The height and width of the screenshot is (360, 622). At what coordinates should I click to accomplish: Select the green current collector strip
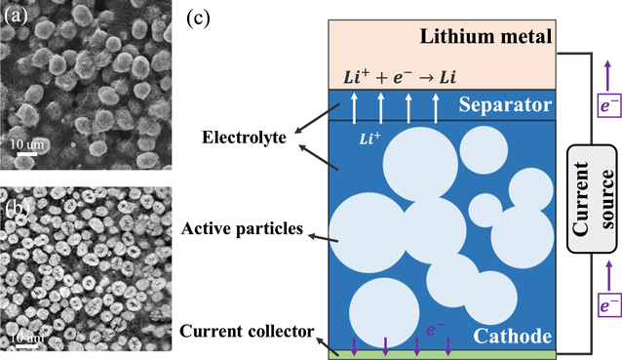pos(445,353)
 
